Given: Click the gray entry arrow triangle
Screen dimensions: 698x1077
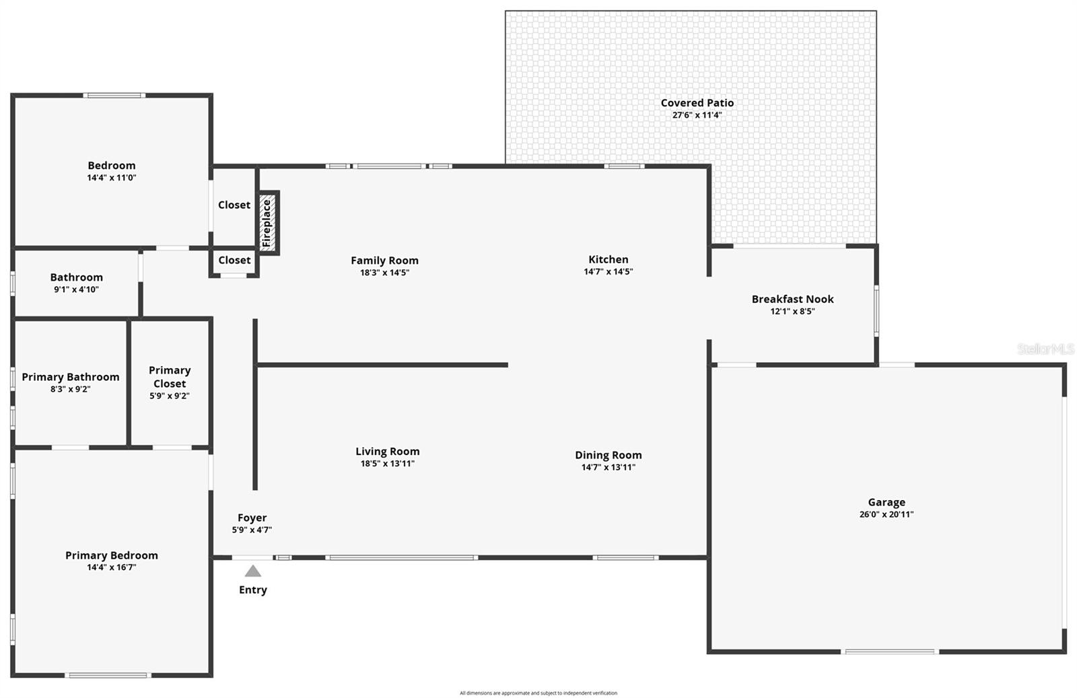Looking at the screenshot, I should click(x=252, y=571).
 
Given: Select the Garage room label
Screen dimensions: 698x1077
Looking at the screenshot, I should click(x=886, y=502).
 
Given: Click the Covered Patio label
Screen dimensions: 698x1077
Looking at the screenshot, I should click(x=697, y=103).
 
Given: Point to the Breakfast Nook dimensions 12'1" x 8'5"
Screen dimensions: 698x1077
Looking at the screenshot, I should click(x=792, y=312).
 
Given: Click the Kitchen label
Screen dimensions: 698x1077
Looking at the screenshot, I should click(x=608, y=259).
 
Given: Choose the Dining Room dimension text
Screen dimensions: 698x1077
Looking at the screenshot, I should click(x=608, y=467).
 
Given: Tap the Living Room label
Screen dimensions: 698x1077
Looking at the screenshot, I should click(x=387, y=452).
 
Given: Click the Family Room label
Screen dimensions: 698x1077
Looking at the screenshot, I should click(x=384, y=260).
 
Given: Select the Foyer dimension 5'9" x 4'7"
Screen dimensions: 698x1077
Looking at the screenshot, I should click(x=252, y=530).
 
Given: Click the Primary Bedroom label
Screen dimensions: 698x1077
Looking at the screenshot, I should click(x=112, y=555).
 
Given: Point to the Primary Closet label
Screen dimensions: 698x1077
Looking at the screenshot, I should click(x=170, y=377).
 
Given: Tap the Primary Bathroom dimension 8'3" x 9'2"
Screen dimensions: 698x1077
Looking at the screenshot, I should click(x=70, y=389).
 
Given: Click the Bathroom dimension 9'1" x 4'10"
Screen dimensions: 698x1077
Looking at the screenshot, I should click(x=76, y=289).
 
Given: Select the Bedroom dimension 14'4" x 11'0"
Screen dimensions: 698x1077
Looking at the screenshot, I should click(x=112, y=178).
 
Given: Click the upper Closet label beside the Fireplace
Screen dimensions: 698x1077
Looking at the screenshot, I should click(x=234, y=205).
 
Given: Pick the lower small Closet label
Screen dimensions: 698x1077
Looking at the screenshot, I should click(x=234, y=260).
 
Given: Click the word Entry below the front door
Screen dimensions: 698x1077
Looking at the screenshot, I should click(x=252, y=590).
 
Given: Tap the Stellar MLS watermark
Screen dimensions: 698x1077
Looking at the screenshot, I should click(x=1045, y=349).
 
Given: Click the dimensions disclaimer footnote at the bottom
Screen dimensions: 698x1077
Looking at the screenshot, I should click(x=538, y=693).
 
